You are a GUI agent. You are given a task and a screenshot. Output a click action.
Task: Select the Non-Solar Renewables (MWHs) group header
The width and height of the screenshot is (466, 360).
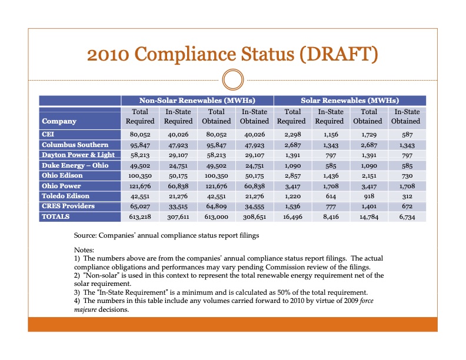click(197, 101)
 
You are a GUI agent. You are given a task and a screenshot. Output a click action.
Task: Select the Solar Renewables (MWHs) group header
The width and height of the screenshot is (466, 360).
click(349, 101)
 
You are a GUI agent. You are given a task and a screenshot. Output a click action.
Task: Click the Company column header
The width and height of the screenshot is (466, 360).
click(59, 121)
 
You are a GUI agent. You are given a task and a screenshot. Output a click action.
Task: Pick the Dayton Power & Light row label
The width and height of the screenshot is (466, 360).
click(78, 155)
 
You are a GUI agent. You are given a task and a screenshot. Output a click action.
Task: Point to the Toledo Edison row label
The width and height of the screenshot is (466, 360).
click(65, 196)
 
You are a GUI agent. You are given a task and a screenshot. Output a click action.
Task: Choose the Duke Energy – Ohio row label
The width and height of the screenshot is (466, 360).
click(75, 165)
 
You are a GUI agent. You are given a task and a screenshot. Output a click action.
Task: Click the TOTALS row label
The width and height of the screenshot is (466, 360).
click(55, 216)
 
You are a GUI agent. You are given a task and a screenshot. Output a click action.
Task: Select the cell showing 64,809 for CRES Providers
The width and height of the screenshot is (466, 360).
click(217, 206)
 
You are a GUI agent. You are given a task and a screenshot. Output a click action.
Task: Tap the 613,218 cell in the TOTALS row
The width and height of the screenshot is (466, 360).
click(140, 217)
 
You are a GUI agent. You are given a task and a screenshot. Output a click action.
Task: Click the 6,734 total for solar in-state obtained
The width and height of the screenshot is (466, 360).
click(405, 217)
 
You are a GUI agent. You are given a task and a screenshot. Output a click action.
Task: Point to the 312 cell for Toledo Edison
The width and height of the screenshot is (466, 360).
click(405, 196)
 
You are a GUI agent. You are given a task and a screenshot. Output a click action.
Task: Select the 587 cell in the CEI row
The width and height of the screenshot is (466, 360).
click(405, 135)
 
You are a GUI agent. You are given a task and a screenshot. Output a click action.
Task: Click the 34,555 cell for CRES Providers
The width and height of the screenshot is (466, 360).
click(254, 206)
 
